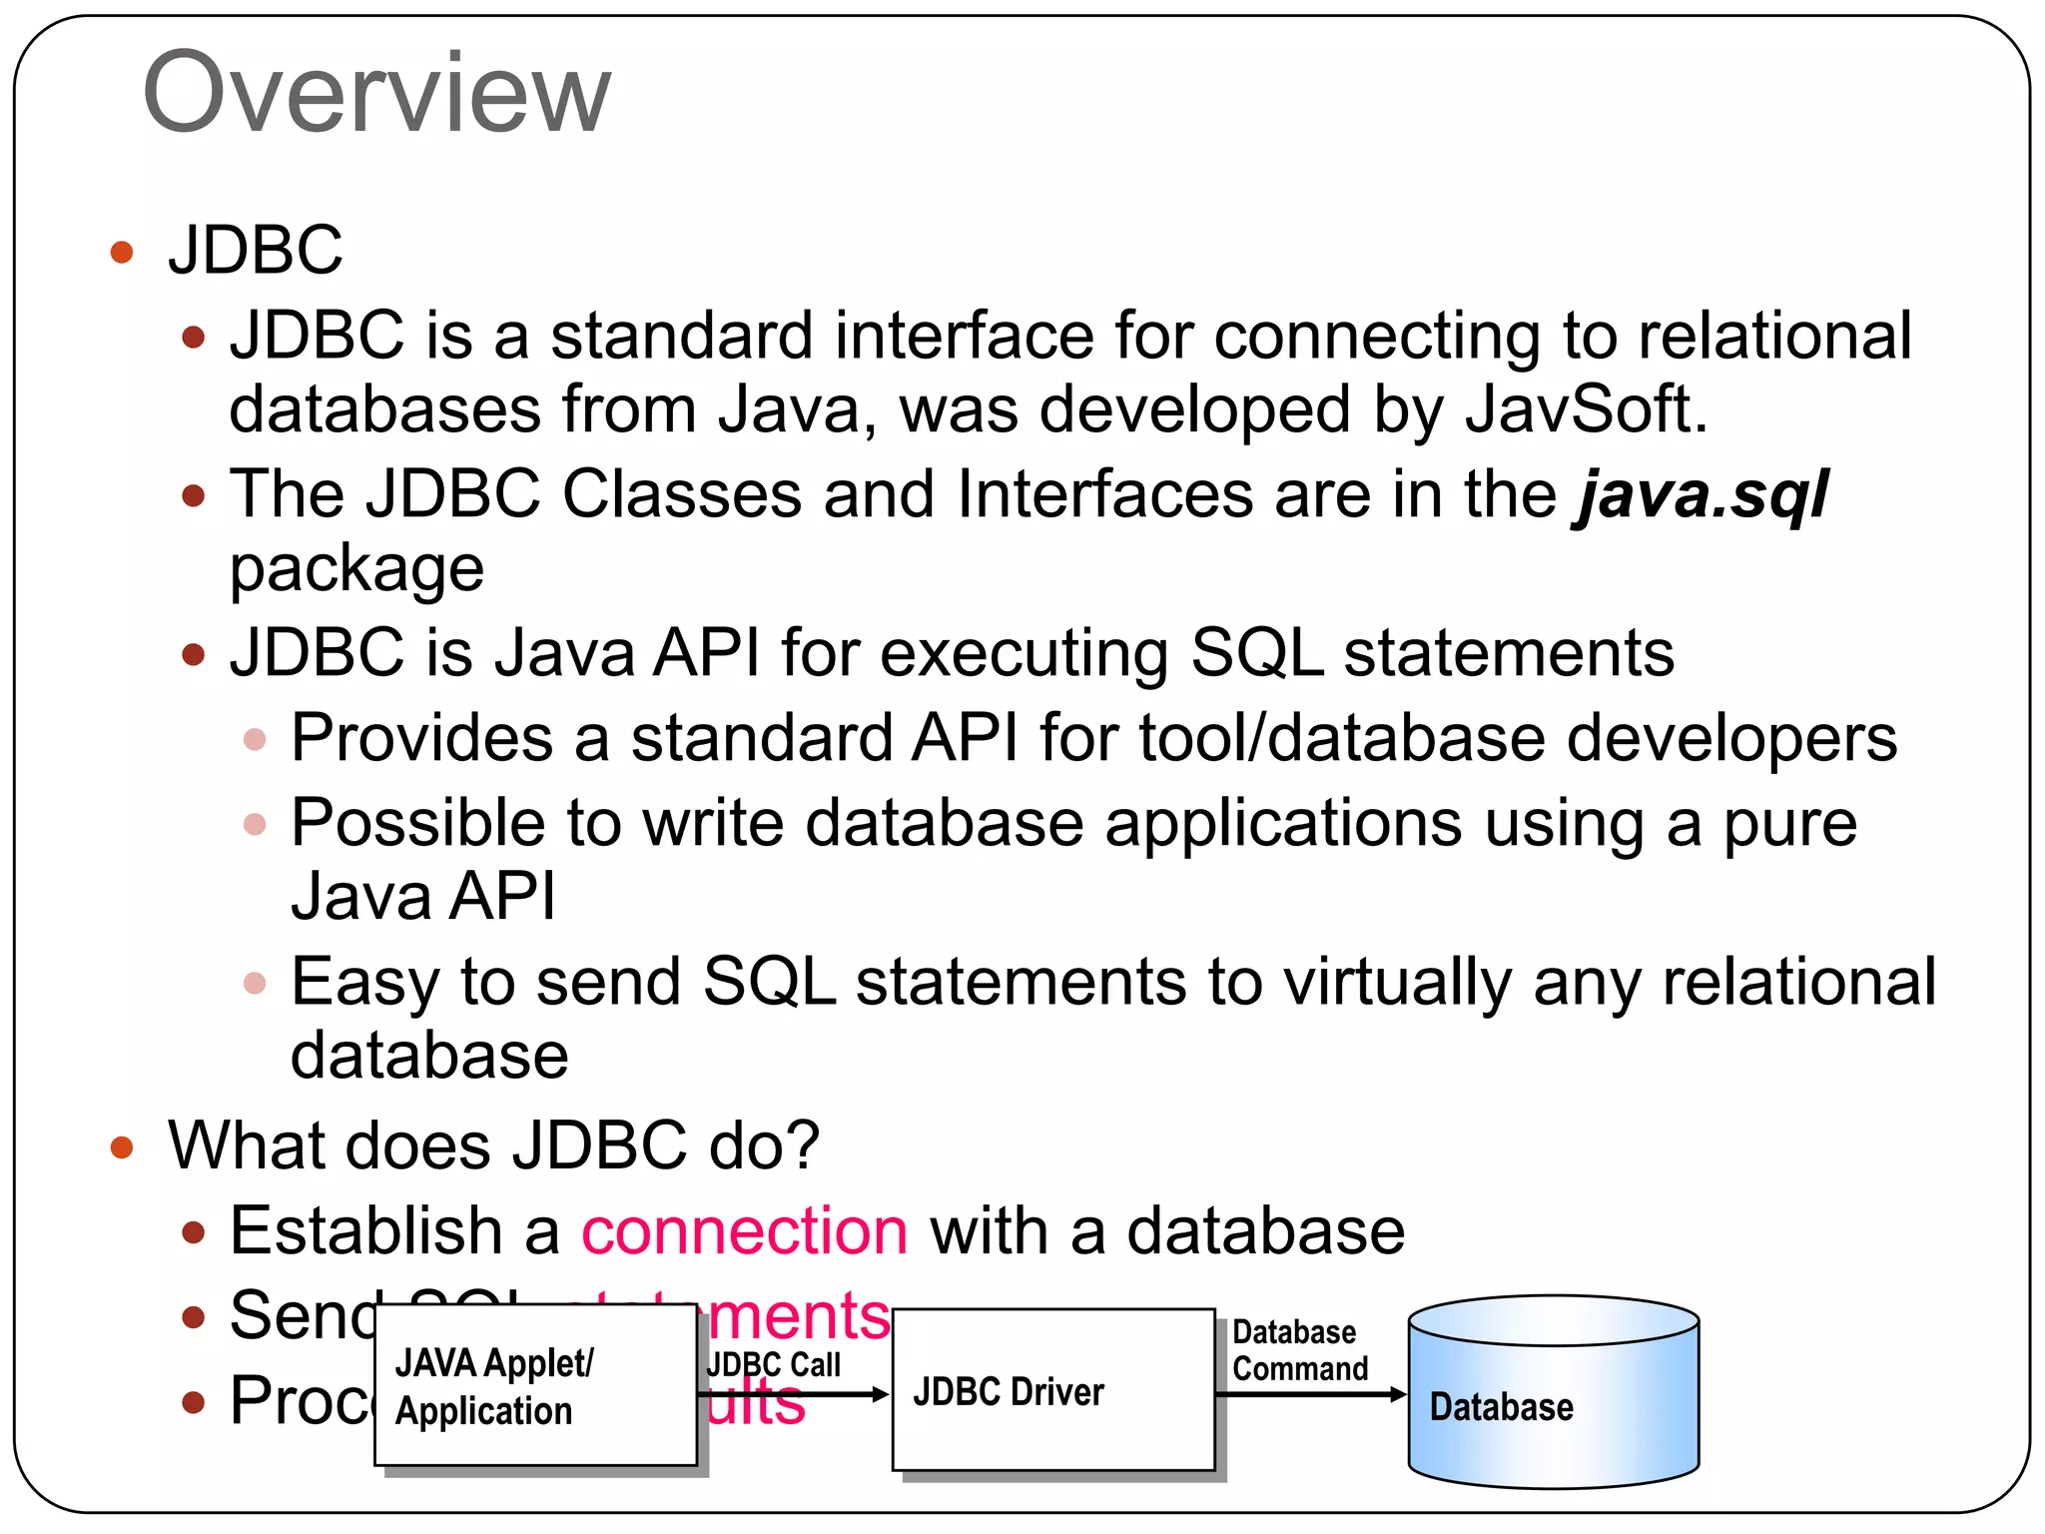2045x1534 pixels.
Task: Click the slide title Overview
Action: point(376,93)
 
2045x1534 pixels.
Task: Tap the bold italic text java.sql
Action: point(1701,494)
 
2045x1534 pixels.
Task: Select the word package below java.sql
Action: point(356,570)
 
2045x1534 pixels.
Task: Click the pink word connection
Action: point(744,1230)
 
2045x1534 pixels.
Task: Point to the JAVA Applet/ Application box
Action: point(535,1385)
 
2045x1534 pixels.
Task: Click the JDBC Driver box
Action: point(1052,1390)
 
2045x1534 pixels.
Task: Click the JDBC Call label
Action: point(774,1364)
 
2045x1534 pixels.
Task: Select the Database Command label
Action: point(1299,1350)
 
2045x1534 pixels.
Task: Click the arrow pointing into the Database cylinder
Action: point(1311,1394)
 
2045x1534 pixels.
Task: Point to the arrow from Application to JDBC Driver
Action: point(794,1394)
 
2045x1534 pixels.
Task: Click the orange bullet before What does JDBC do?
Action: point(122,1147)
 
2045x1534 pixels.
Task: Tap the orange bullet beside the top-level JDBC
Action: point(122,251)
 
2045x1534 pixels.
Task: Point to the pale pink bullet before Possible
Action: point(255,824)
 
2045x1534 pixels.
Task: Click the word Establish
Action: point(366,1230)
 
